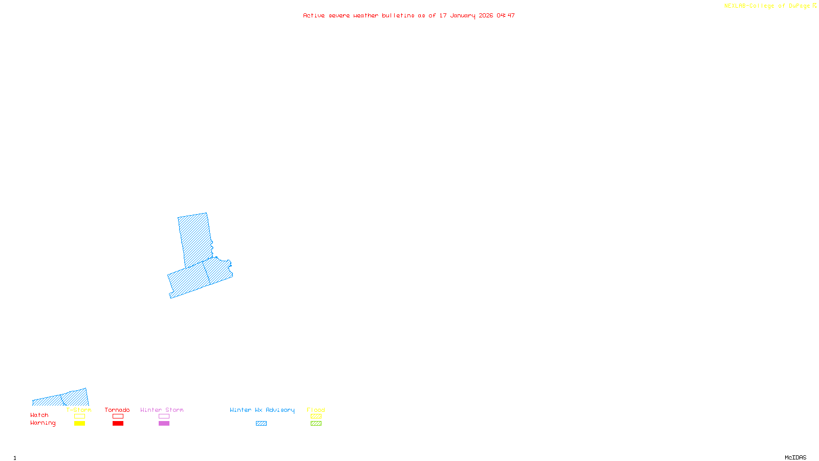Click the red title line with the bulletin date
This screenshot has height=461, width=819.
click(x=408, y=16)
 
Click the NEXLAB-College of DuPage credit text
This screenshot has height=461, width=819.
click(x=770, y=6)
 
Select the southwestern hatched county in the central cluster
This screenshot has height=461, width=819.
click(x=187, y=281)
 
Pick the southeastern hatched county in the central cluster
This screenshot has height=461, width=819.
click(x=218, y=271)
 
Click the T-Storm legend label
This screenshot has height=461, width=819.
click(x=79, y=410)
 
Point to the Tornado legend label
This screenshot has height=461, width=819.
click(x=117, y=410)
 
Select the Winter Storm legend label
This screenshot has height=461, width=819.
click(x=162, y=410)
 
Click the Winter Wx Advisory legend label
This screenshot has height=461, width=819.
click(x=262, y=410)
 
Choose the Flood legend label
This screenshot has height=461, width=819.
click(x=316, y=410)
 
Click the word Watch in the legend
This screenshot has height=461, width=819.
click(x=39, y=415)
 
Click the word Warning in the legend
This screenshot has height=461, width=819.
click(x=43, y=423)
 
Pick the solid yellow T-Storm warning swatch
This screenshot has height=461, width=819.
click(x=79, y=424)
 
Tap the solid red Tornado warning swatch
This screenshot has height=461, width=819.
click(x=118, y=424)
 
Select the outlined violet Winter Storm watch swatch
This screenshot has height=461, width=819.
click(x=164, y=416)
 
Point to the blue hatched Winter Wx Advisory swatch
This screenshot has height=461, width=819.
click(x=261, y=424)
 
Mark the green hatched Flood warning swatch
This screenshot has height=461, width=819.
click(x=316, y=424)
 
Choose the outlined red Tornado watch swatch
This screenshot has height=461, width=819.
click(x=118, y=416)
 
